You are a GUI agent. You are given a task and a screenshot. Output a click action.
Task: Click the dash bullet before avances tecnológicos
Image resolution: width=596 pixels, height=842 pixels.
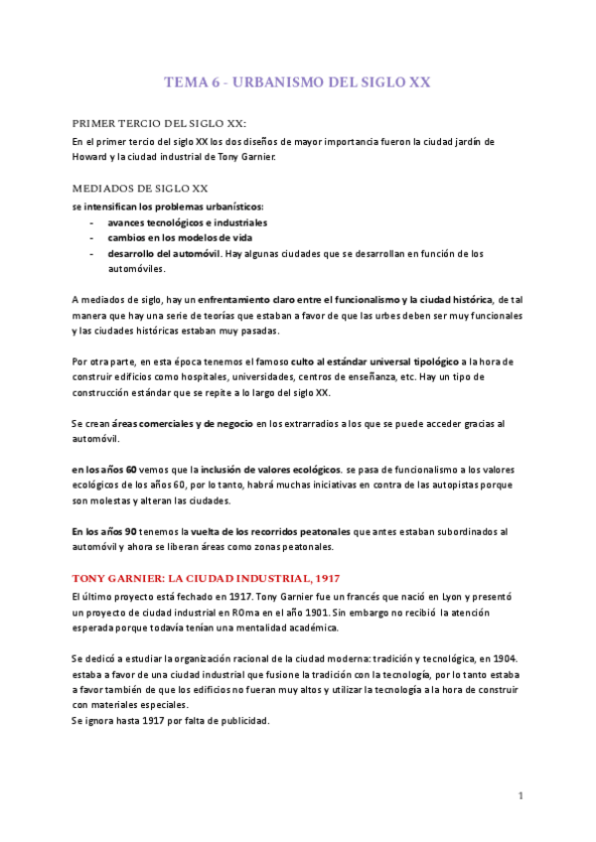tap(92, 222)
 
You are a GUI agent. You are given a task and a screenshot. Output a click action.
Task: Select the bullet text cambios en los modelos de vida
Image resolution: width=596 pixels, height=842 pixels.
tap(181, 238)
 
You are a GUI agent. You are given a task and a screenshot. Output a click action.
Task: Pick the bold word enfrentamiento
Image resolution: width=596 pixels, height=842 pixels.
tap(239, 299)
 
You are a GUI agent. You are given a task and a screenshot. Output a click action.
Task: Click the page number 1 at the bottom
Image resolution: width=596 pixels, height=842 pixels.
tap(521, 796)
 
